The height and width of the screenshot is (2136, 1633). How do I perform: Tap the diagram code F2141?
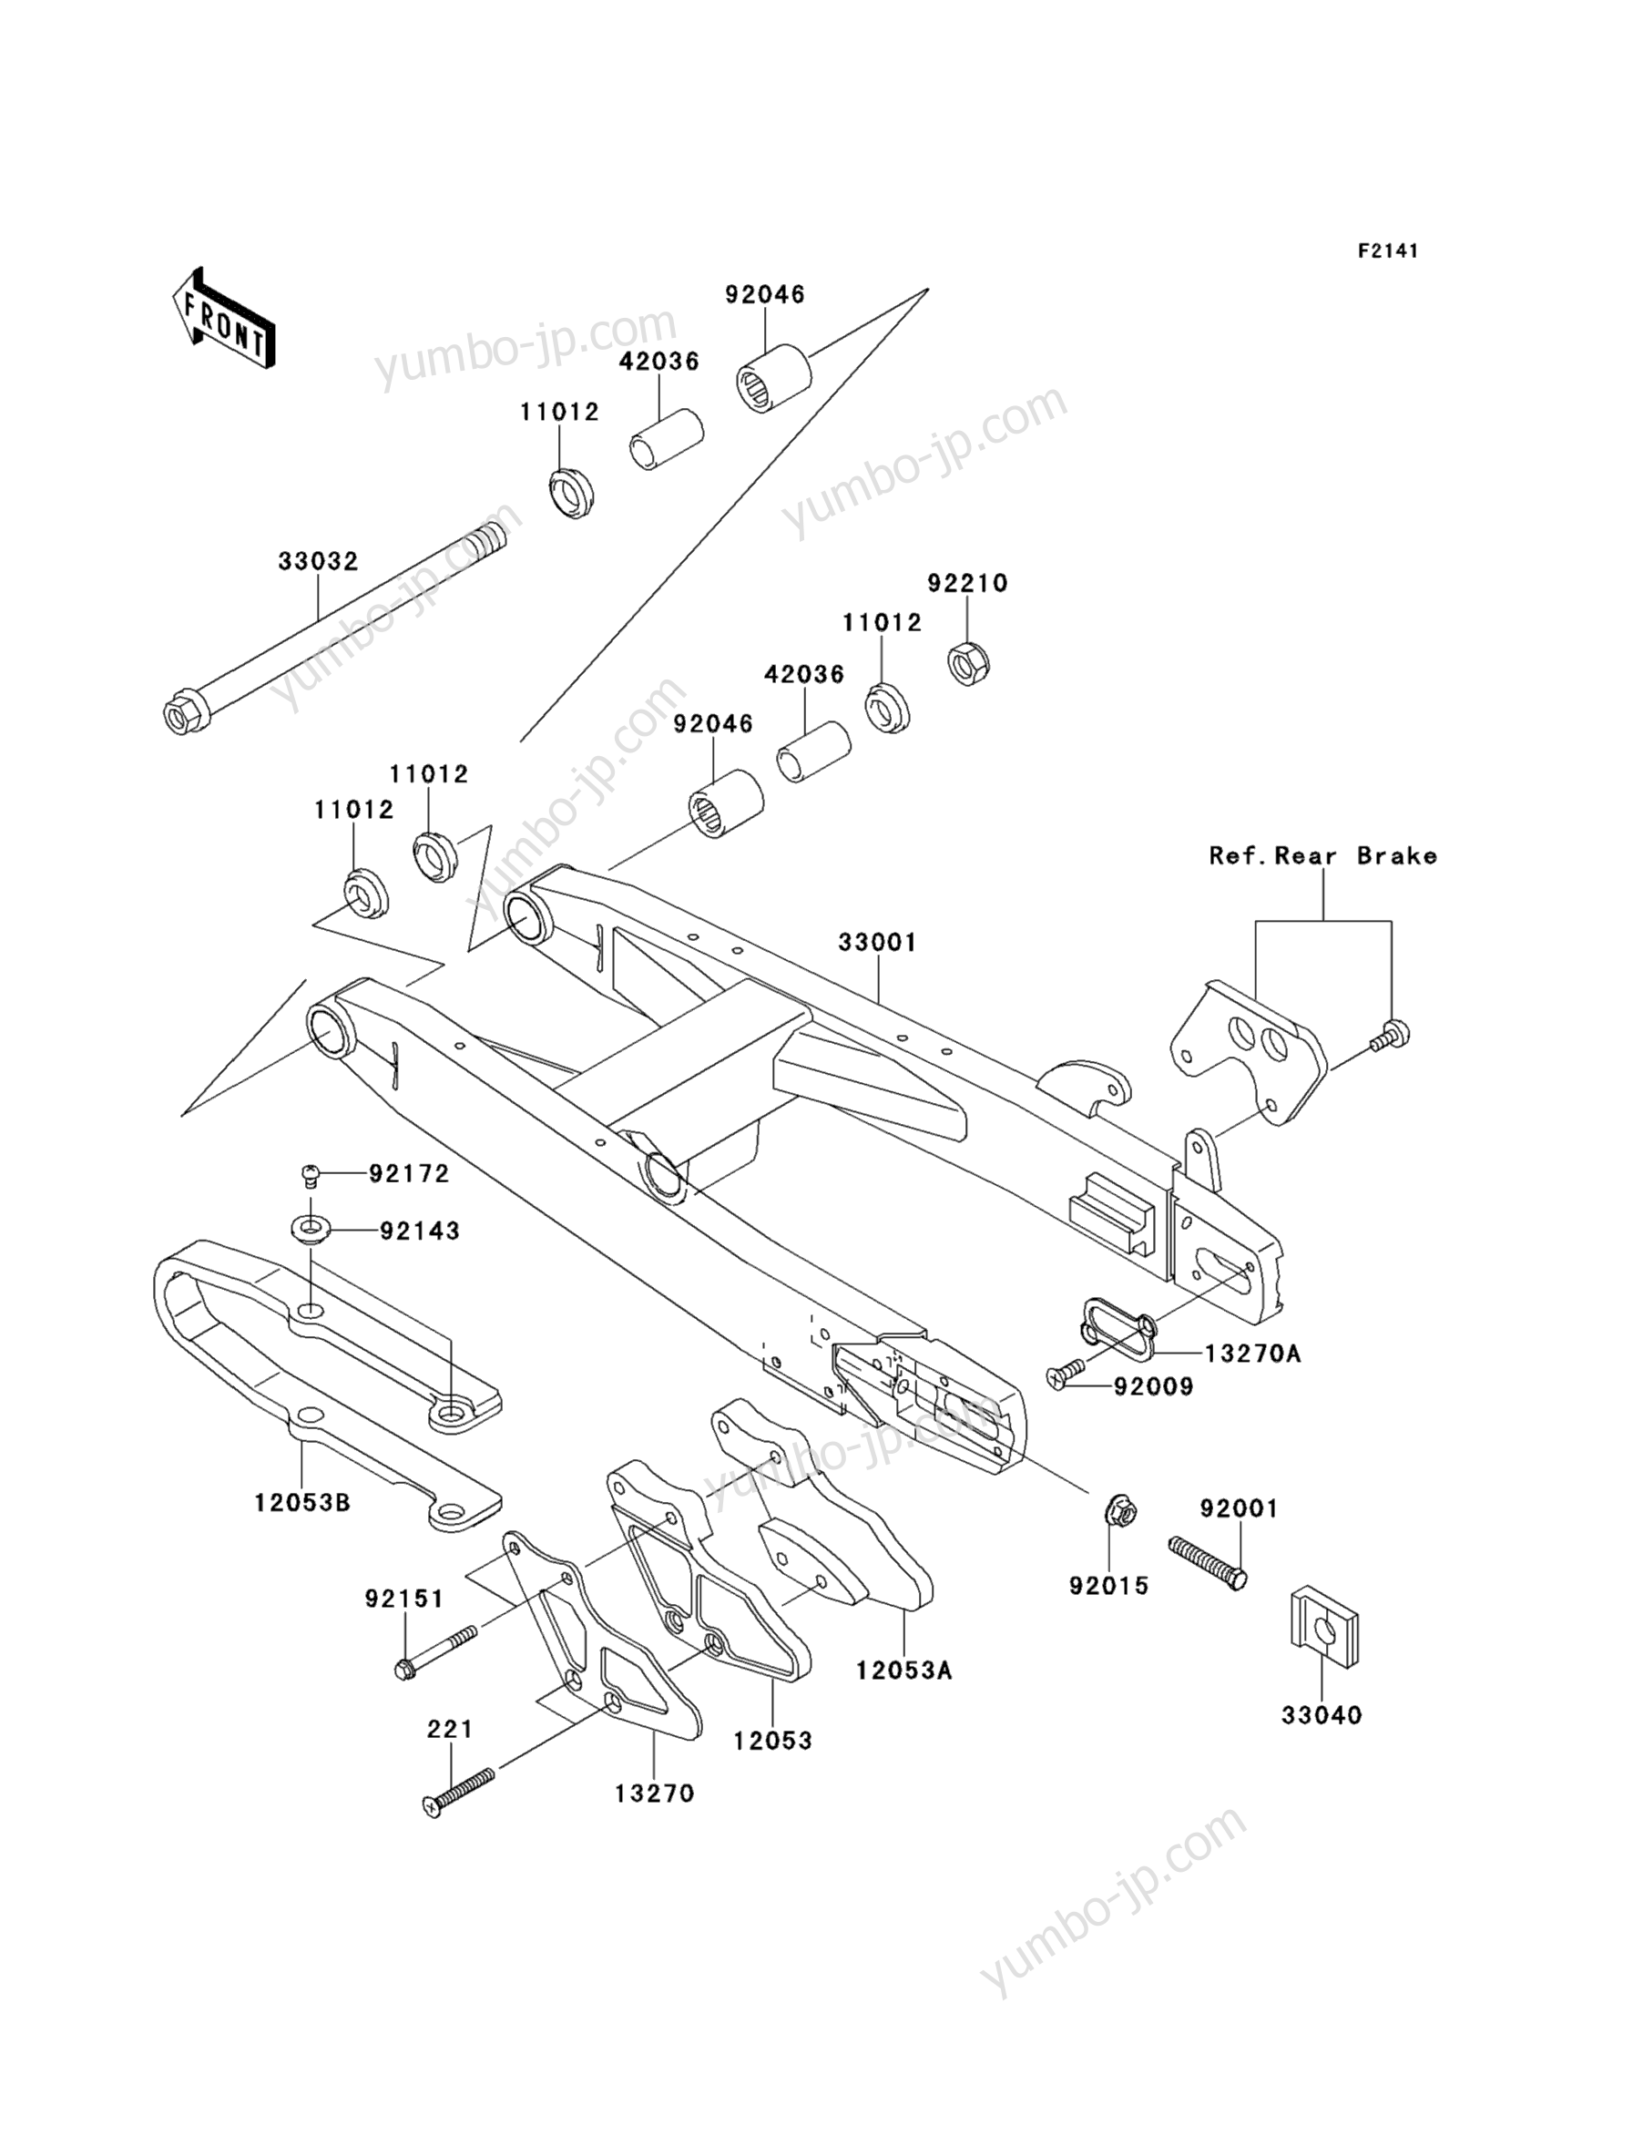pyautogui.click(x=1387, y=251)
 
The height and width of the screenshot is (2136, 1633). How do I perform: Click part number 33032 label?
pyautogui.click(x=318, y=561)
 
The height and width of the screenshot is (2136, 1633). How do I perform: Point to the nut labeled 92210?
pyautogui.click(x=968, y=663)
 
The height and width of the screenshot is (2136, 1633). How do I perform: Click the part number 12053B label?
pyautogui.click(x=302, y=1503)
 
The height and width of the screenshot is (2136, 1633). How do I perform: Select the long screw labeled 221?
pyautogui.click(x=460, y=1790)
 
